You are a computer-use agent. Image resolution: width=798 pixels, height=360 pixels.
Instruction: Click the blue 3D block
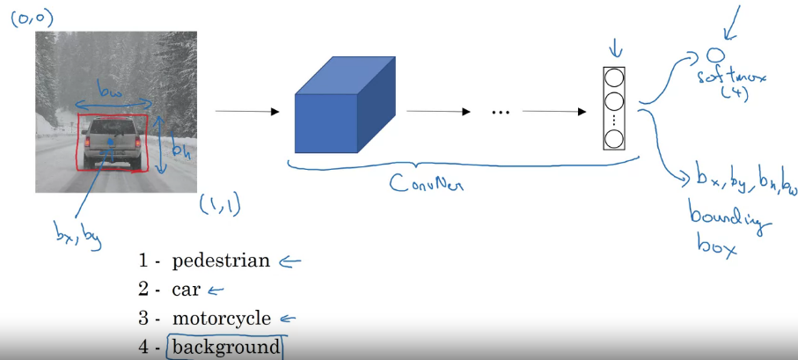click(339, 110)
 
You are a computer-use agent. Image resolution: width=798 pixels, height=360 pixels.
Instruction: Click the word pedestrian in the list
click(221, 261)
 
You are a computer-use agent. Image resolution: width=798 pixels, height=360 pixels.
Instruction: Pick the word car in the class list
click(186, 290)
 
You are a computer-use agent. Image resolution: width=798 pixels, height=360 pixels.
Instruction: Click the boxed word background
click(226, 347)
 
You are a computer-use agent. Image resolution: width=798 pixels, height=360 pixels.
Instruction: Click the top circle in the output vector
click(613, 77)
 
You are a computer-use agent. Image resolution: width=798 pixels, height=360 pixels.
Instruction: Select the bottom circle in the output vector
click(613, 138)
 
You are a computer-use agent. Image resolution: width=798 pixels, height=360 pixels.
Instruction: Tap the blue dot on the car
click(109, 141)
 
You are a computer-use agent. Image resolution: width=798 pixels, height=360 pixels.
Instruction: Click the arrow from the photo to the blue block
click(246, 112)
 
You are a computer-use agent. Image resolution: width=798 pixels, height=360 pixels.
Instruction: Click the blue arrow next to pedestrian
click(289, 261)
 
